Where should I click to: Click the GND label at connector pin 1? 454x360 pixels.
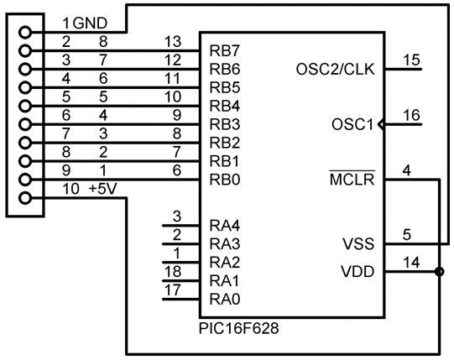click(91, 23)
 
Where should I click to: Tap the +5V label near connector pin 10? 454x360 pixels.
click(102, 189)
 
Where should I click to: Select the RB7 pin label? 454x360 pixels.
click(225, 50)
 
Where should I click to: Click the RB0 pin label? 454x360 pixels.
click(225, 180)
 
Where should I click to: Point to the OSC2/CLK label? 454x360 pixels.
click(336, 70)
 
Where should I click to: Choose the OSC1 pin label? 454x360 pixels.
click(352, 124)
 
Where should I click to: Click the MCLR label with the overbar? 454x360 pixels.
click(352, 179)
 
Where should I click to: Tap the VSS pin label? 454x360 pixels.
click(358, 244)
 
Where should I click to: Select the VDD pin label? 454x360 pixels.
click(357, 272)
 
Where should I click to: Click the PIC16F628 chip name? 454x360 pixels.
click(239, 328)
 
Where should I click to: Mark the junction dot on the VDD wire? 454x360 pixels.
click(440, 272)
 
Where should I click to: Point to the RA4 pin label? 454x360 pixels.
click(225, 226)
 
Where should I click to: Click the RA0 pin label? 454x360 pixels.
click(225, 300)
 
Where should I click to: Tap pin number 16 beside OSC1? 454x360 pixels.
click(411, 115)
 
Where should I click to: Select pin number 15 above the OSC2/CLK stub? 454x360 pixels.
click(411, 60)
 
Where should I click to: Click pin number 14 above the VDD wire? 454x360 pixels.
click(411, 263)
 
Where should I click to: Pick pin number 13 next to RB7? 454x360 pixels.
click(173, 42)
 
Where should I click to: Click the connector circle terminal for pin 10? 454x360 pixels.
click(25, 198)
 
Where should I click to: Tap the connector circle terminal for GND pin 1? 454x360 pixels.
click(25, 32)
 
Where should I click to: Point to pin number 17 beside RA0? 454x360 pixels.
click(173, 290)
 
